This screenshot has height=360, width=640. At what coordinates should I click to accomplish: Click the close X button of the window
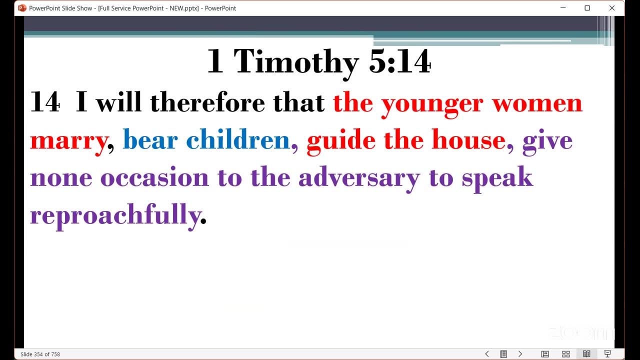click(x=611, y=8)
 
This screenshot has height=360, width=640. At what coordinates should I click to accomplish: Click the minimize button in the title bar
click(x=563, y=8)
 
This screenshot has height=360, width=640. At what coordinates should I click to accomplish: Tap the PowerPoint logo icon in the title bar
click(x=22, y=8)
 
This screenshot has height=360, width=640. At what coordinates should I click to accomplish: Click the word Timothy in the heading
click(x=296, y=62)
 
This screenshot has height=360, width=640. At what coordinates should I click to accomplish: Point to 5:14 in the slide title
click(x=399, y=61)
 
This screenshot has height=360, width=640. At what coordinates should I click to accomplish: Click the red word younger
click(x=432, y=104)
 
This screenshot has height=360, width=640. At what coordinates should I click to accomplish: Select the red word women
click(x=537, y=103)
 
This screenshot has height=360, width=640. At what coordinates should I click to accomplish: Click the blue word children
click(x=237, y=139)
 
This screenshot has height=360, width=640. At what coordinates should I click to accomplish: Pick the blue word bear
click(x=150, y=139)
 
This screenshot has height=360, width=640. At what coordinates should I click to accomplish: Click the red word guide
click(x=341, y=141)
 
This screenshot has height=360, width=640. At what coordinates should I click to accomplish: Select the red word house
click(x=468, y=139)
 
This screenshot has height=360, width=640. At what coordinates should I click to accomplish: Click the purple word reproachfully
click(x=115, y=215)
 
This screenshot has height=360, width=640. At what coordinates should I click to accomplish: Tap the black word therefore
click(x=207, y=102)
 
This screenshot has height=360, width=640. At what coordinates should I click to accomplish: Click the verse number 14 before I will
click(x=45, y=101)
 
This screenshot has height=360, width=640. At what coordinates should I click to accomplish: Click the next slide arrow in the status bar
click(x=520, y=354)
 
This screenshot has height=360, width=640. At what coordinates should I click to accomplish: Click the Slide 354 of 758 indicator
click(x=40, y=354)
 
